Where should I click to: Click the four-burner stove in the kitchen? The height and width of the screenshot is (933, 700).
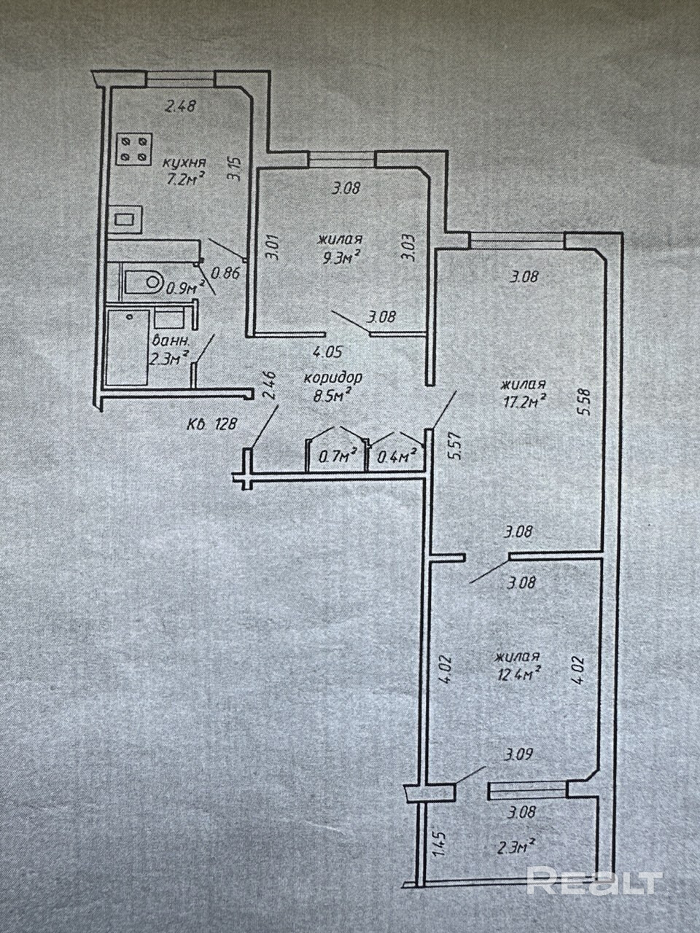[x=135, y=150]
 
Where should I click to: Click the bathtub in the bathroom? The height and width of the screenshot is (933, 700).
[x=128, y=346]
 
